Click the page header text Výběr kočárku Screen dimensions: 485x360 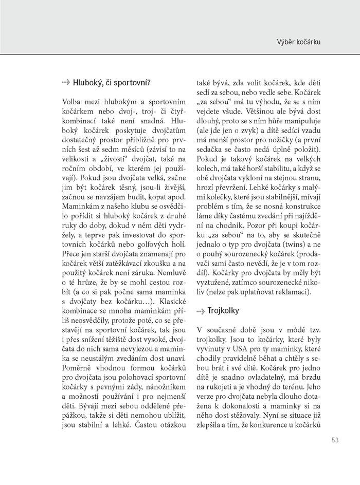coord(299,42)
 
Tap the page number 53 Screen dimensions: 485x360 coord(335,439)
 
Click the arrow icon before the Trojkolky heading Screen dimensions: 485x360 coord(202,311)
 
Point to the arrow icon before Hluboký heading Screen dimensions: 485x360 coord(65,82)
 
